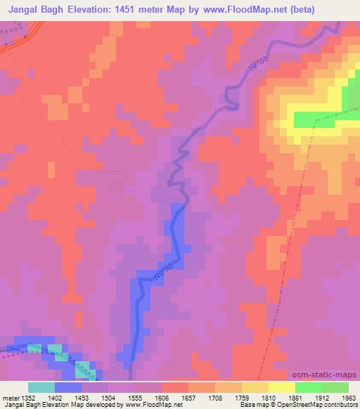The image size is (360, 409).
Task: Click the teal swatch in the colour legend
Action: tap(41, 387)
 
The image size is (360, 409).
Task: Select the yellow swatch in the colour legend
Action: tap(282, 387)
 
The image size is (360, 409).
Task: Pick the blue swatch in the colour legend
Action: tap(68, 387)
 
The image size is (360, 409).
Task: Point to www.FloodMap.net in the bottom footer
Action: tap(149, 405)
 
